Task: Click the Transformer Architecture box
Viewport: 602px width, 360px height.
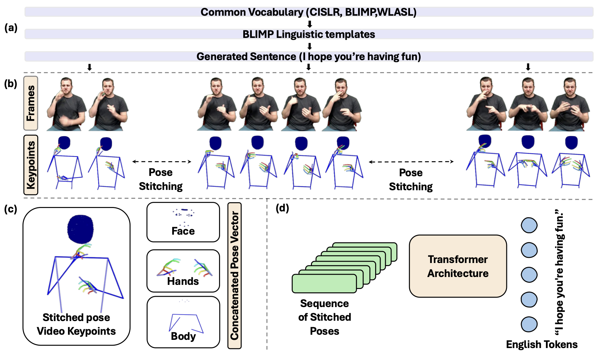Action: click(x=458, y=266)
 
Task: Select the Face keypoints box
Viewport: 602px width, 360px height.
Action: click(x=183, y=222)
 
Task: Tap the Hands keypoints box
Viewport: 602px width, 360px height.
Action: click(x=183, y=271)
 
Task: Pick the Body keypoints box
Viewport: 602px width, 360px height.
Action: click(x=183, y=322)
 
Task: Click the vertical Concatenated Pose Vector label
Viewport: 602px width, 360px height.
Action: click(x=234, y=276)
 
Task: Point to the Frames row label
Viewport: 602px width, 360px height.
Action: click(x=31, y=103)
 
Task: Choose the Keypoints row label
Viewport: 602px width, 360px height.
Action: click(x=31, y=165)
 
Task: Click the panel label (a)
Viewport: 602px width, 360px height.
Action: click(x=11, y=28)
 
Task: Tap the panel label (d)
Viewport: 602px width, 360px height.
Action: click(x=282, y=208)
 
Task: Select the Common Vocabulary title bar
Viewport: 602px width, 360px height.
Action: click(x=309, y=12)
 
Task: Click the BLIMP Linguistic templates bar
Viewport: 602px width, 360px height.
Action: click(x=309, y=34)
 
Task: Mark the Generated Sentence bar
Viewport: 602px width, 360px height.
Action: click(x=309, y=56)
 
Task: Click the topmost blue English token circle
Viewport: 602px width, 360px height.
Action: click(x=529, y=225)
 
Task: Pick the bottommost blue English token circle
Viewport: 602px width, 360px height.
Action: click(x=529, y=324)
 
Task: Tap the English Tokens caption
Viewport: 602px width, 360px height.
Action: click(x=542, y=344)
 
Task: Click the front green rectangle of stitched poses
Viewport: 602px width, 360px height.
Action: click(x=324, y=284)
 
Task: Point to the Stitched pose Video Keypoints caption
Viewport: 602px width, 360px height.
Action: click(x=76, y=324)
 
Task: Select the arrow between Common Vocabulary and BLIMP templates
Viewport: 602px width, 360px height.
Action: click(x=310, y=24)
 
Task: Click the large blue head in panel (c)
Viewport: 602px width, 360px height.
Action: click(x=80, y=229)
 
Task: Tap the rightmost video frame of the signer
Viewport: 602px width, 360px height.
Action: click(x=569, y=104)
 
